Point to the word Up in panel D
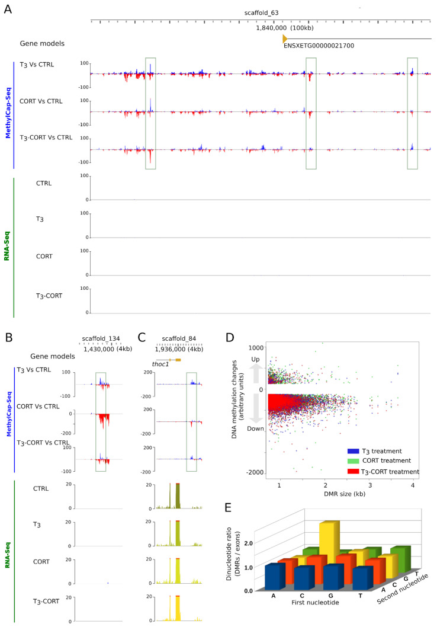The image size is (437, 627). tap(256, 360)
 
